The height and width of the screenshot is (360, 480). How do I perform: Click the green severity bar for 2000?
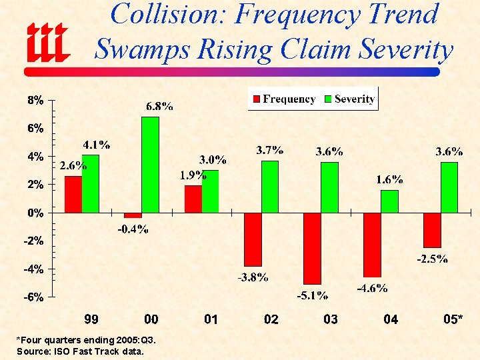point(150,165)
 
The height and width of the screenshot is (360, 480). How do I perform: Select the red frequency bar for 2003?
point(312,248)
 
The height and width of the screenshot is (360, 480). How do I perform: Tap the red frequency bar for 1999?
point(73,194)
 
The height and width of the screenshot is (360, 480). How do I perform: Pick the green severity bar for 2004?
point(389,201)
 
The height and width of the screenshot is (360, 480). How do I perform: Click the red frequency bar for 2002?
point(253,239)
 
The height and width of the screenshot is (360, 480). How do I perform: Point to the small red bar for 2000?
point(133,215)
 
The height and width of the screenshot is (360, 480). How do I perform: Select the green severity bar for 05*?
point(449,187)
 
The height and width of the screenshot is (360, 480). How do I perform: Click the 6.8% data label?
point(160,106)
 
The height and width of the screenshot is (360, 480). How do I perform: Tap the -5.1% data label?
point(312,295)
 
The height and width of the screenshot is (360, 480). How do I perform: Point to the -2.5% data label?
point(432,259)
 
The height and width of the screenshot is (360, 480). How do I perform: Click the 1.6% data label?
point(389,179)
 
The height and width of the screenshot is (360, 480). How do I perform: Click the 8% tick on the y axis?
point(35,100)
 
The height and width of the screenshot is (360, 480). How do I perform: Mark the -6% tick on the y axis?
point(35,297)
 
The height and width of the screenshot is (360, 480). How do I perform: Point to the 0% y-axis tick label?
point(35,213)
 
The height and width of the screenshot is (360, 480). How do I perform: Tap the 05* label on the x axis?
point(453,319)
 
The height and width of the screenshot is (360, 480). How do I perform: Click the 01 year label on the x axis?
point(211,319)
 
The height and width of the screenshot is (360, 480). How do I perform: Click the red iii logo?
point(47,41)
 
